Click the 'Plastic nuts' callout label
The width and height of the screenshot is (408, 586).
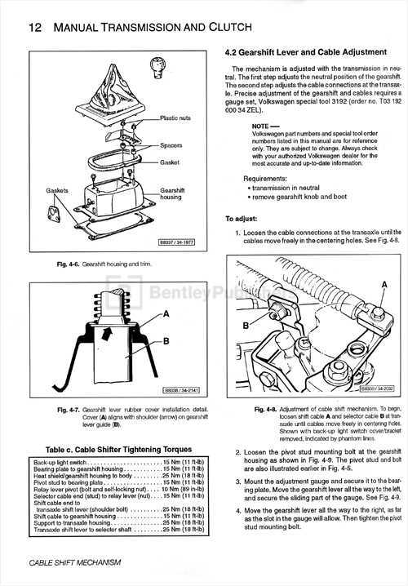(x=176, y=118)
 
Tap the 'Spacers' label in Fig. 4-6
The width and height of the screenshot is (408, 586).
(x=171, y=145)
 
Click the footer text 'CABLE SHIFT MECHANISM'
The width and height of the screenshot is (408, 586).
(x=75, y=562)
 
